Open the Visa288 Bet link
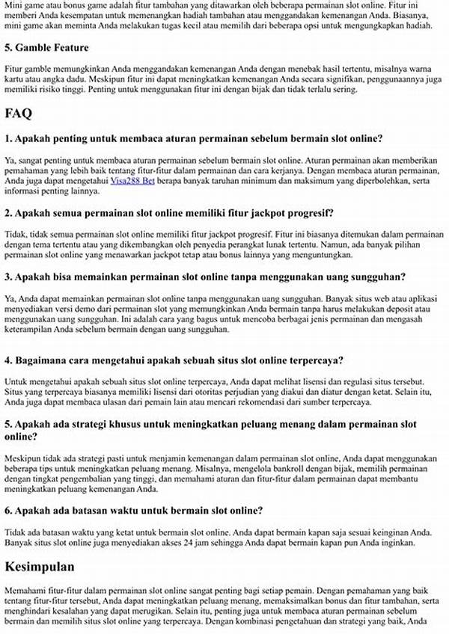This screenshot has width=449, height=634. [134, 180]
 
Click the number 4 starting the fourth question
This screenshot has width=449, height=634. [7, 360]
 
